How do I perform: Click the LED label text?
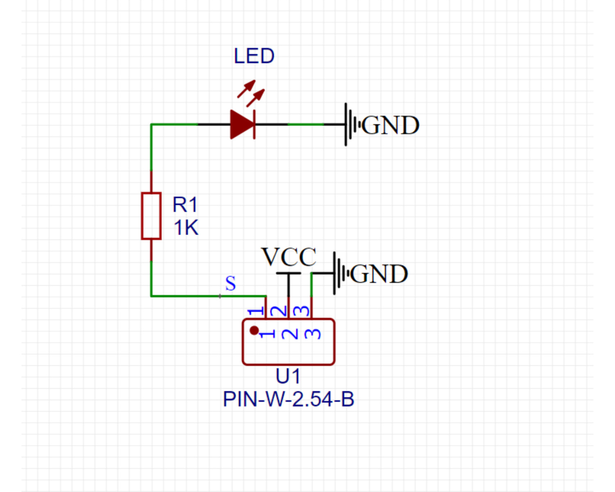(254, 56)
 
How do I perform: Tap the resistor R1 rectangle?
(151, 216)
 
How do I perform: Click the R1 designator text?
(185, 205)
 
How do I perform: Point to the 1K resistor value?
(186, 228)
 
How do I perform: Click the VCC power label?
(289, 257)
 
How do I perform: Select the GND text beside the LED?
(390, 125)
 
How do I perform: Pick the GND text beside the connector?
(379, 274)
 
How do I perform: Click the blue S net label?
(230, 283)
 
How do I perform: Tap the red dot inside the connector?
(254, 330)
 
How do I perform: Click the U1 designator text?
(288, 376)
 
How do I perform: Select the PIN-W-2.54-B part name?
(288, 399)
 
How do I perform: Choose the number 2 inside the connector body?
(290, 334)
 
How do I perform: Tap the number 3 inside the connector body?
(313, 334)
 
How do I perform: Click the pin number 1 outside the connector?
(256, 311)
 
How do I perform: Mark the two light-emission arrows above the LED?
(251, 93)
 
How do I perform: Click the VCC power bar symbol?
(289, 273)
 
